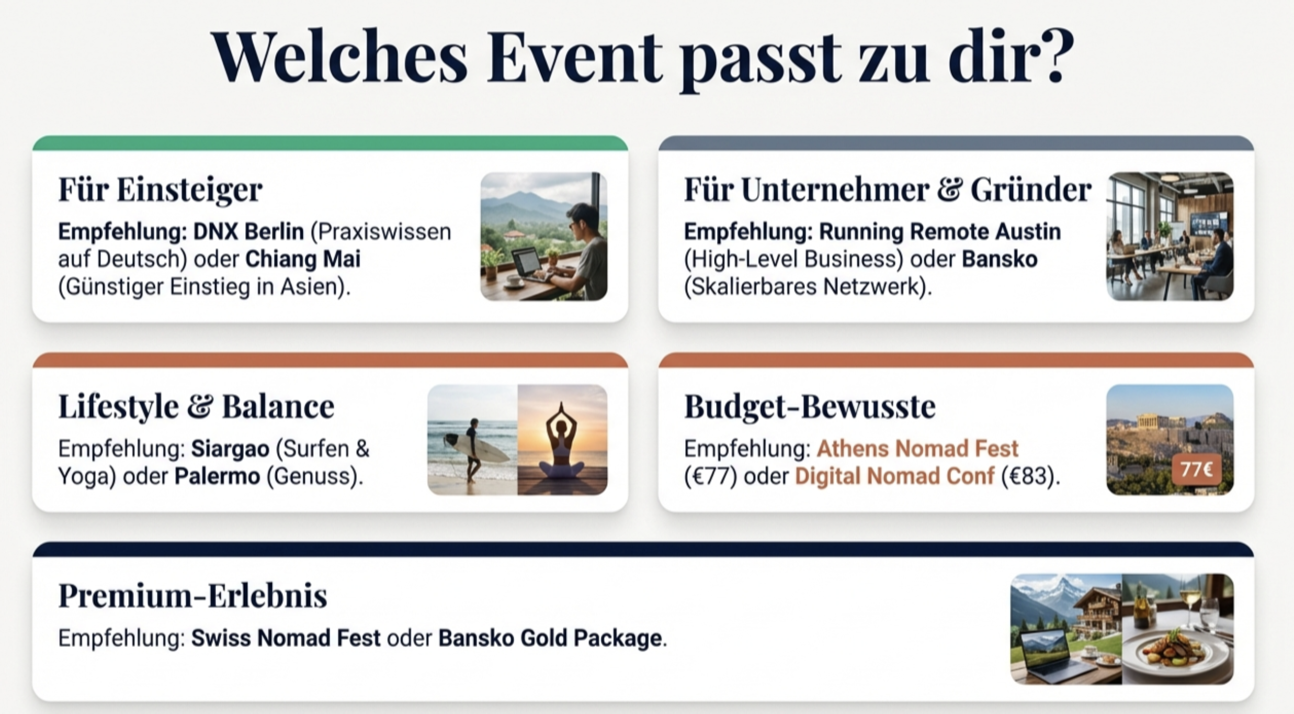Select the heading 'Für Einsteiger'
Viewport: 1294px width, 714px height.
tap(160, 189)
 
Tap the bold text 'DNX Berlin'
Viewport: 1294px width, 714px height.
tap(248, 231)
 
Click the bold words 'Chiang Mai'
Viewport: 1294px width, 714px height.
tap(303, 259)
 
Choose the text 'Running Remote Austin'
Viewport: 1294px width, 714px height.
tap(940, 231)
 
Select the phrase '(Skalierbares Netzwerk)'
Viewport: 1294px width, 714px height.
tap(808, 287)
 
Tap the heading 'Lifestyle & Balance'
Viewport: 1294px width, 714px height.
tap(196, 406)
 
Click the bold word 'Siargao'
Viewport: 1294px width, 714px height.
tap(230, 449)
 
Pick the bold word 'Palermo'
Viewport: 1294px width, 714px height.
tap(217, 476)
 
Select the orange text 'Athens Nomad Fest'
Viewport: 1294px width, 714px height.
tap(917, 449)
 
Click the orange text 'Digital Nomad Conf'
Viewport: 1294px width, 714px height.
tap(894, 476)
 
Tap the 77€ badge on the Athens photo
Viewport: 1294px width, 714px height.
tap(1196, 470)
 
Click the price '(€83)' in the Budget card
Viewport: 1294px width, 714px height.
tap(1029, 476)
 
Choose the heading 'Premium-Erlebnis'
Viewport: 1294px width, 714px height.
tap(192, 596)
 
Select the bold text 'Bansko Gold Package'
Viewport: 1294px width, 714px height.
tap(550, 638)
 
